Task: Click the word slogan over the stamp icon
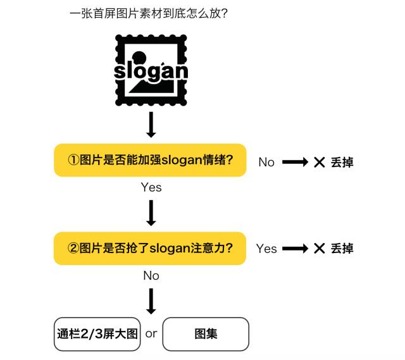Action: [x=151, y=70]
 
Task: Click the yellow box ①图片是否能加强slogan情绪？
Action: [x=150, y=160]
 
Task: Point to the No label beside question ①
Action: [x=266, y=163]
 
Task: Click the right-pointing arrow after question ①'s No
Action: [x=294, y=162]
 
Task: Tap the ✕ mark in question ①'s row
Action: [x=319, y=162]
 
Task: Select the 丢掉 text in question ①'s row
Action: [x=342, y=162]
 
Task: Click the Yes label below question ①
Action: [x=151, y=187]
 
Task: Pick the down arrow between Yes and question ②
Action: [x=151, y=213]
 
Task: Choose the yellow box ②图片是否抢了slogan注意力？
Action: [x=150, y=248]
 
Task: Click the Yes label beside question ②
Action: [x=266, y=249]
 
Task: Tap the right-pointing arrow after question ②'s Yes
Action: [x=294, y=248]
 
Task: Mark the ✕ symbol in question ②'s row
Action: [x=319, y=248]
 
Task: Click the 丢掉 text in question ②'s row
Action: [x=342, y=248]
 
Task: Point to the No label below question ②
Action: [x=151, y=276]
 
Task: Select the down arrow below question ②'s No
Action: [x=151, y=301]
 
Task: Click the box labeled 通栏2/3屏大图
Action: [x=97, y=333]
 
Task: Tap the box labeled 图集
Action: [x=206, y=333]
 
